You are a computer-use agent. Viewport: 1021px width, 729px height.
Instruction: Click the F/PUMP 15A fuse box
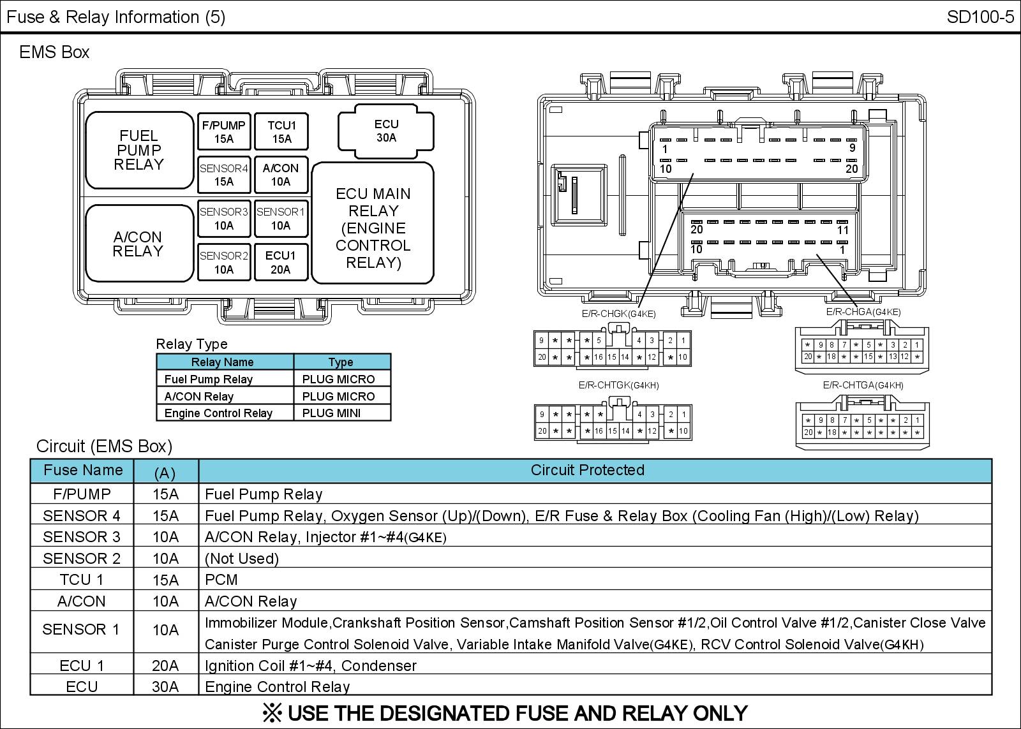point(223,132)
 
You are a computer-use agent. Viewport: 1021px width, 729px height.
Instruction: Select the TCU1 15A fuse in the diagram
point(281,132)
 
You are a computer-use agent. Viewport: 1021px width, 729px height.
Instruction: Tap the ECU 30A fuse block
point(386,131)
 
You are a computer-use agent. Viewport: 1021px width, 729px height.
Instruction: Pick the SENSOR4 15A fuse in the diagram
point(223,175)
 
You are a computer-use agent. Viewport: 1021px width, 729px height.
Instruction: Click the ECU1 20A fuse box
point(281,262)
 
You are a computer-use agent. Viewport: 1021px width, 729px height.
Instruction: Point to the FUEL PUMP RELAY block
point(139,151)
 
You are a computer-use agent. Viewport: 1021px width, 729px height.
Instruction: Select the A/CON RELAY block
point(138,244)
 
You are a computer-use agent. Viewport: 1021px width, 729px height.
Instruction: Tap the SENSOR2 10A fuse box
point(223,262)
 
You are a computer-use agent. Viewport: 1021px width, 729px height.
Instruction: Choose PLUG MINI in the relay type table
point(332,413)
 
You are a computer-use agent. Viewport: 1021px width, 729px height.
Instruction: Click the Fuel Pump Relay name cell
point(209,379)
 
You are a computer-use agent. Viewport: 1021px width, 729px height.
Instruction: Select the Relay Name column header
point(223,362)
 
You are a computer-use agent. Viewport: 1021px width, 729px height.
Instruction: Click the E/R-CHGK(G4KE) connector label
point(618,314)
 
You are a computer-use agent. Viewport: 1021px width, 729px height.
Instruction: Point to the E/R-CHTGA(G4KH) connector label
point(863,385)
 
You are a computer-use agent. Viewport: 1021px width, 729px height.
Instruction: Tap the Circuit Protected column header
point(588,471)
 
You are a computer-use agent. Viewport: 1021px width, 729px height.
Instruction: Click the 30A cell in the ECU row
point(165,687)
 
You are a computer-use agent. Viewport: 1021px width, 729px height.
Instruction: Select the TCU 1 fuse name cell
point(82,580)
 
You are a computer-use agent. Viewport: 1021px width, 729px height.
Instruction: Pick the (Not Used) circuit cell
point(242,559)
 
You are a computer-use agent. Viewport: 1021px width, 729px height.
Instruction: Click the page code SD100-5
point(980,17)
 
